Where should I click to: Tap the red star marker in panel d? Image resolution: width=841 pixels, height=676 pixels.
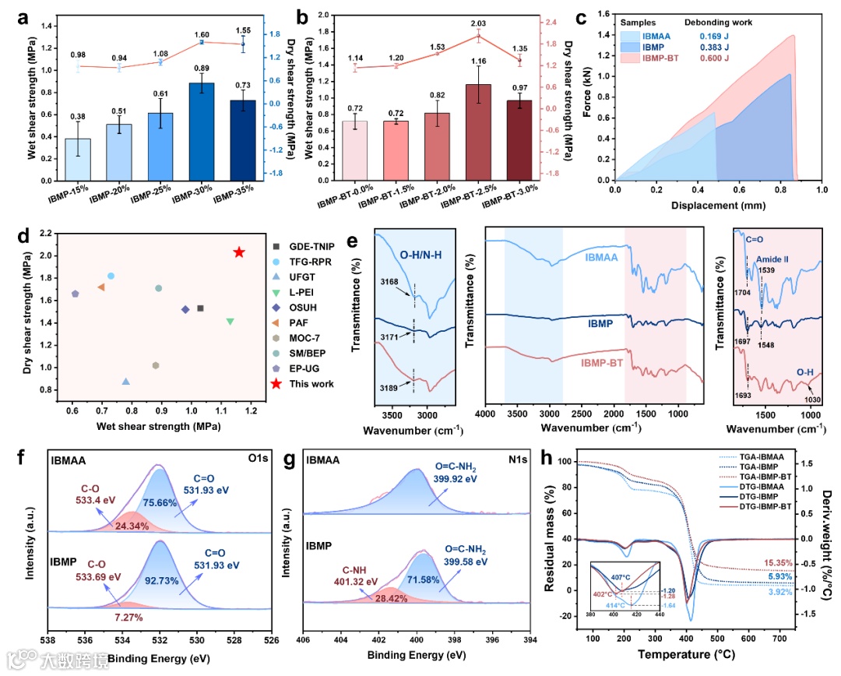[239, 252]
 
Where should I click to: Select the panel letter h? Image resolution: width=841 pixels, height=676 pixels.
[572, 457]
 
